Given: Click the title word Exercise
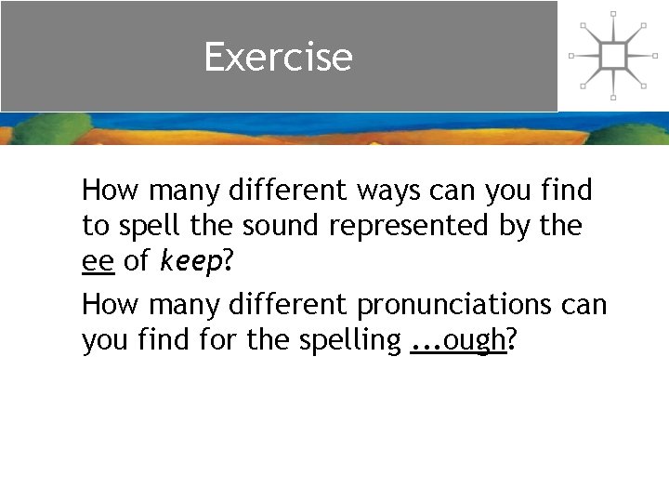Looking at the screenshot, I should [x=279, y=57].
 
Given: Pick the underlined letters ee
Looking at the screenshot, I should [x=98, y=263].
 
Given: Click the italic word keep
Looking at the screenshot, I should [x=190, y=263].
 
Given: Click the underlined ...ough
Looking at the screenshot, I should [x=457, y=341].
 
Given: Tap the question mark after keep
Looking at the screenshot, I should [x=228, y=263].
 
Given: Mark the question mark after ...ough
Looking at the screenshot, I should [x=512, y=341].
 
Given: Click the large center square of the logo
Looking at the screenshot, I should [x=613, y=55].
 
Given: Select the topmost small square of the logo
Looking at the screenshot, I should [x=613, y=14].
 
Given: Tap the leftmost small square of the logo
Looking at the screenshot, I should [x=571, y=56].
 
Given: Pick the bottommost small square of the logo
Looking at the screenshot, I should [x=613, y=97].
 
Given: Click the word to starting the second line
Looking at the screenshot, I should [x=95, y=227].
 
